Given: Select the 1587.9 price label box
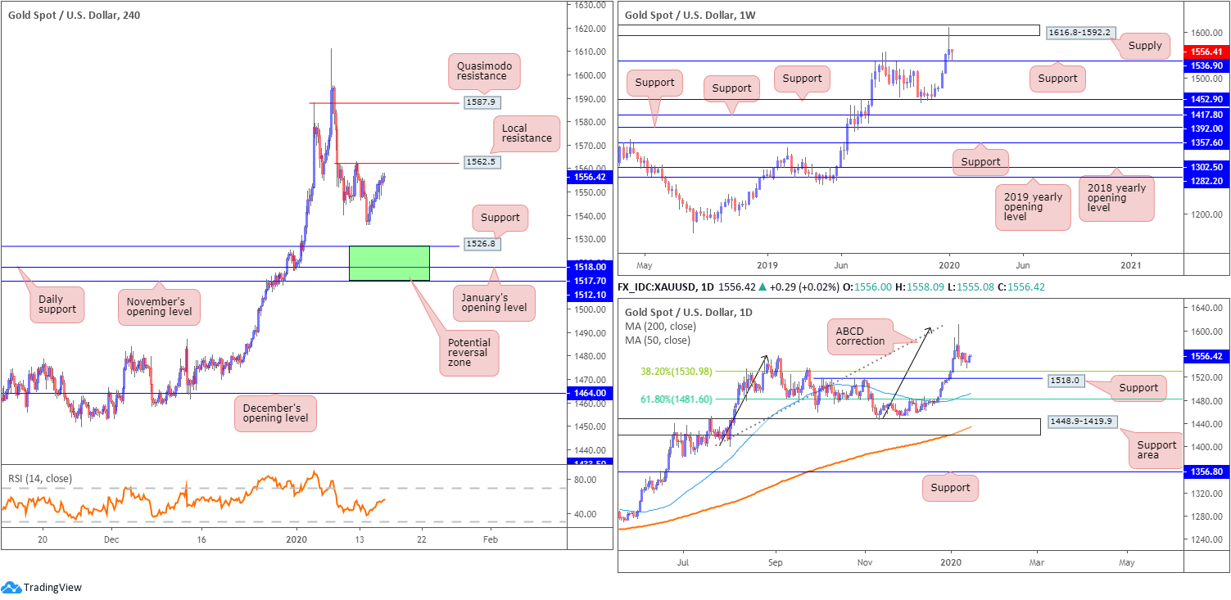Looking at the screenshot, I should coord(481,102).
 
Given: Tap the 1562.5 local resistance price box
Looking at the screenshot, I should coord(481,162).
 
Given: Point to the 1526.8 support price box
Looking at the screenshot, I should coord(481,243).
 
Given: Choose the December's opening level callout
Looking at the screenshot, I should coord(274,413).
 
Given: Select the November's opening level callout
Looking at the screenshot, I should coord(160,305).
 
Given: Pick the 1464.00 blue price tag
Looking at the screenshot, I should coord(590,393).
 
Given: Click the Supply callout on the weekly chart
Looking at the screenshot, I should coord(1144,46).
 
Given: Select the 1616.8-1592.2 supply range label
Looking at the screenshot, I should coord(1079,32).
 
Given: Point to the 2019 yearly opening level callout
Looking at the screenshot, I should coord(1032,207).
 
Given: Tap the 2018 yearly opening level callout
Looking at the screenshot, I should coord(1116,196).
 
